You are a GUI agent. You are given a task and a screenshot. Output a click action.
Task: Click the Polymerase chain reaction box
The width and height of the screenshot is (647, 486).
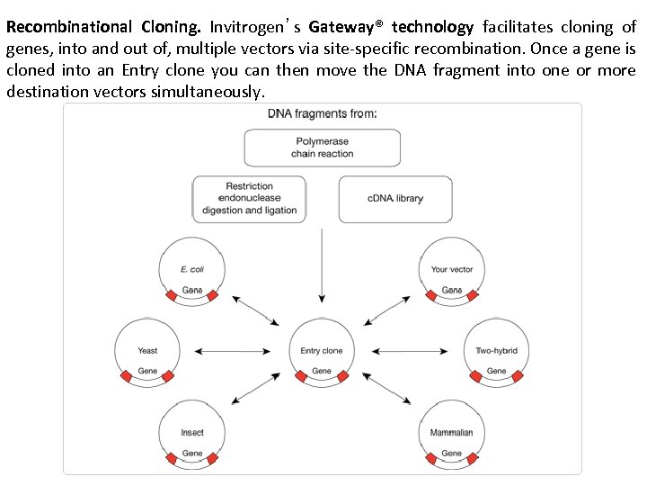coord(322,148)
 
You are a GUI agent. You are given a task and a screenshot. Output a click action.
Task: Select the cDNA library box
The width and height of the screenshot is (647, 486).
coord(395,199)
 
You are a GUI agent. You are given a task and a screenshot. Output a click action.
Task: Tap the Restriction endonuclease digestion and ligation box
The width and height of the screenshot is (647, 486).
coord(249,199)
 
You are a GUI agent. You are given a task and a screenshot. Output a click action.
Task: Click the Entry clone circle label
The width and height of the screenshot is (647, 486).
coord(322,350)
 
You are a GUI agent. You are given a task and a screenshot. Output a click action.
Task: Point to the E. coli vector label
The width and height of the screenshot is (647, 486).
coord(192,268)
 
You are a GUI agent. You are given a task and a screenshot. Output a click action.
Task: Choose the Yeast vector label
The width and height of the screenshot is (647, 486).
coord(147,350)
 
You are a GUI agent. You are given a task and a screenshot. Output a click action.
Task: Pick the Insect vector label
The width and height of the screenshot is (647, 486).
coord(192,432)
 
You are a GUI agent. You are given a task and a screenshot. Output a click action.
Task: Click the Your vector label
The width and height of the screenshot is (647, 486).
coord(452,268)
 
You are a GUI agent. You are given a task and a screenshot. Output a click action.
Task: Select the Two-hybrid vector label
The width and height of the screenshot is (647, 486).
coord(496,350)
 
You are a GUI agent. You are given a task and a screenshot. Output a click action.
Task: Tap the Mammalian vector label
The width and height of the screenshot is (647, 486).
coord(451,432)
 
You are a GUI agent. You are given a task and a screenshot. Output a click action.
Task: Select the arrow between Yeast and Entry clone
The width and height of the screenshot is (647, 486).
coord(233,350)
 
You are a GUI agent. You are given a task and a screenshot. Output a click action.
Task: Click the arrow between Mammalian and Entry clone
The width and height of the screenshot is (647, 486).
coord(388,389)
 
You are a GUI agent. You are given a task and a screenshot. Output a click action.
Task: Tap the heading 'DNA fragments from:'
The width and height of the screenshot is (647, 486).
coord(323,113)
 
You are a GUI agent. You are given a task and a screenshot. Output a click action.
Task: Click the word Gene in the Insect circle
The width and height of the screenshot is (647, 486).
coord(192,453)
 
